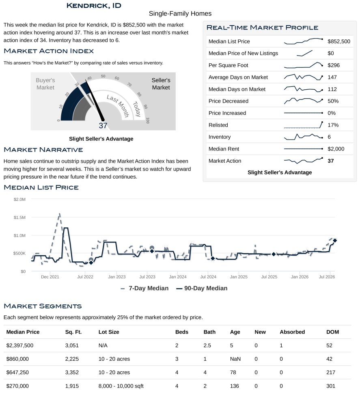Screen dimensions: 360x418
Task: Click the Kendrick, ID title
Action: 94,6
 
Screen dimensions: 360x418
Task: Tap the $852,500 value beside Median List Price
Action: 338,41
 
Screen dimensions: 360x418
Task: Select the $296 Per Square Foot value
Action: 334,65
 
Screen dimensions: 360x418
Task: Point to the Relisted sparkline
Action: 304,125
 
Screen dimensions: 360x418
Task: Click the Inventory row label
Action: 220,137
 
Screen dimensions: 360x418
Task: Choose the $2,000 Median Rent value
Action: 336,149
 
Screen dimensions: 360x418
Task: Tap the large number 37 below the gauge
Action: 103,125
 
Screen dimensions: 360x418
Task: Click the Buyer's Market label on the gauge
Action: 45,84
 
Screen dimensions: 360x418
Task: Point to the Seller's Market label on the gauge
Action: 161,84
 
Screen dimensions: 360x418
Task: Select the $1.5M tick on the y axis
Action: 19,218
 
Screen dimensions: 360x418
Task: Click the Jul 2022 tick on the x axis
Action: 85,277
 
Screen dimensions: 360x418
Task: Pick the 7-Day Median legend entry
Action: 144,288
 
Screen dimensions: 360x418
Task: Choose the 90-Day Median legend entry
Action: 202,288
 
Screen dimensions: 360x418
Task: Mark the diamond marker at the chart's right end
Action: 335,241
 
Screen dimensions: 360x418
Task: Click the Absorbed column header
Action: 292,332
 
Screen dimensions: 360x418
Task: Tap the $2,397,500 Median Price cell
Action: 20,345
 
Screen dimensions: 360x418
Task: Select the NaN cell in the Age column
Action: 235,359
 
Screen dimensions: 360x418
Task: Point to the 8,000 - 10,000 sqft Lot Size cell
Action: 121,386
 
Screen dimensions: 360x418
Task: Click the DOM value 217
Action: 331,373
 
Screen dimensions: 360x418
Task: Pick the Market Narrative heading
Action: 43,150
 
